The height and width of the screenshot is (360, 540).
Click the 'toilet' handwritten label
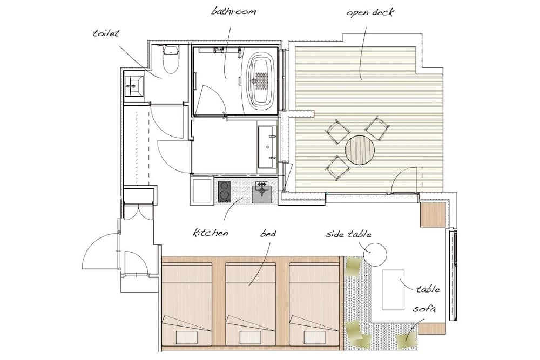105,33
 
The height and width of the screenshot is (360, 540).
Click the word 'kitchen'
211,233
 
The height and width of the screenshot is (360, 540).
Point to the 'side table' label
348,234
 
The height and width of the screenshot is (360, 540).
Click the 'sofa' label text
424,309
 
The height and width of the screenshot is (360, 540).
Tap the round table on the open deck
359,150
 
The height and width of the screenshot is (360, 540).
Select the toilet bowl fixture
171,59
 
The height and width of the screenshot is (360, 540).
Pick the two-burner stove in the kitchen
224,192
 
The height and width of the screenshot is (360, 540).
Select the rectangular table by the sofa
393,290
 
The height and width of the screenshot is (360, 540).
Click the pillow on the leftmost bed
187,337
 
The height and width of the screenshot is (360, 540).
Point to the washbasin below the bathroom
267,146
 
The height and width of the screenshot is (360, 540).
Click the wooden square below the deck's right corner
432,214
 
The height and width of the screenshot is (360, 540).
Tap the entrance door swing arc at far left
100,252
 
